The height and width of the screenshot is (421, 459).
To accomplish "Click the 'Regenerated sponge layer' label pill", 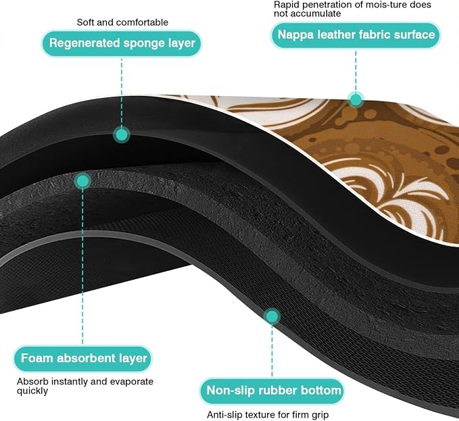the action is pyautogui.click(x=122, y=43).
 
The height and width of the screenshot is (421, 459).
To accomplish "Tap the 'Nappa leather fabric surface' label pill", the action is pyautogui.click(x=356, y=35).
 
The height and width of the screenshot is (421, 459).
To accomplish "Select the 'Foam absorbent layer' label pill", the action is pyautogui.click(x=83, y=359).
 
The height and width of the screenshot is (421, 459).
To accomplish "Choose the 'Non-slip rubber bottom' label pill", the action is pyautogui.click(x=272, y=391).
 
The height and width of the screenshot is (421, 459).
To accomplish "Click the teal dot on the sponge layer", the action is pyautogui.click(x=122, y=135).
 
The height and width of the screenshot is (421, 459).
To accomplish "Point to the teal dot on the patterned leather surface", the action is pyautogui.click(x=356, y=100).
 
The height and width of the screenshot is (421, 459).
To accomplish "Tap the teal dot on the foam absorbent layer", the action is pyautogui.click(x=82, y=181).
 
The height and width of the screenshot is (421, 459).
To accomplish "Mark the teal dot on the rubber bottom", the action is pyautogui.click(x=272, y=316).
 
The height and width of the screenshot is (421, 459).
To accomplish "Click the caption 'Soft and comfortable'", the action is pyautogui.click(x=122, y=22).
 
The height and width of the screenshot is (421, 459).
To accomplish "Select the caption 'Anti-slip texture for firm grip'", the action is pyautogui.click(x=268, y=414).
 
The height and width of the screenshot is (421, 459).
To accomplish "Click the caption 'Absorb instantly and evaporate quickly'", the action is pyautogui.click(x=85, y=386).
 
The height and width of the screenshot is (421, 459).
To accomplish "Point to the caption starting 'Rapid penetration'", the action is pyautogui.click(x=352, y=9).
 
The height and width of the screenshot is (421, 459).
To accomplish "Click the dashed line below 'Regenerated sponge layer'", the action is pyautogui.click(x=122, y=92).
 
